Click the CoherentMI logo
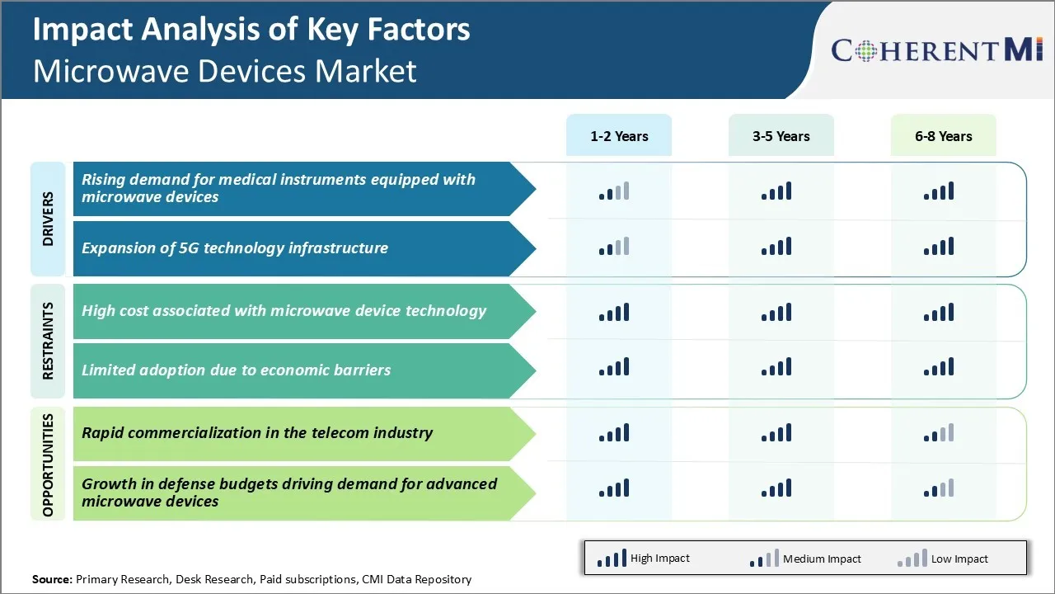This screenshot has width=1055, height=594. coord(937,50)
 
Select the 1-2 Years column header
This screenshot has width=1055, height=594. coord(619,136)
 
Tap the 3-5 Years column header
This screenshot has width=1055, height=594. coord(781,136)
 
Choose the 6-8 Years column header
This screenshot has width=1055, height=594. coord(943,136)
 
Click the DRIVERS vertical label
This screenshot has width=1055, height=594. coord(48,219)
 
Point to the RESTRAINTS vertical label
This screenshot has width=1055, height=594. coord(48,341)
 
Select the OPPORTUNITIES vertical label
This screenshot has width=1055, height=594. coord(48,465)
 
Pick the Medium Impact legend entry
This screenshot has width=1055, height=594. coord(805,559)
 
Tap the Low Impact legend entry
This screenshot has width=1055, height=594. coord(943,559)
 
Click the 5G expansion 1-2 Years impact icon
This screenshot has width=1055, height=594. coord(614,247)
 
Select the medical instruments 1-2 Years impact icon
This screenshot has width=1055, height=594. coord(614,191)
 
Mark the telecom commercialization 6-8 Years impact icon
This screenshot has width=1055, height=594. coord(939,433)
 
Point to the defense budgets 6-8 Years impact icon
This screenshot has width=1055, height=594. coord(939,488)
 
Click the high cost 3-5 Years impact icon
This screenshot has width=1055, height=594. coord(776,312)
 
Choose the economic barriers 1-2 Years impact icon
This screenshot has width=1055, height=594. coord(614,367)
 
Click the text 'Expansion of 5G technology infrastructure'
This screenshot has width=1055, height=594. coord(234,248)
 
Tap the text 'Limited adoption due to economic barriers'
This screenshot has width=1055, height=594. coord(236,370)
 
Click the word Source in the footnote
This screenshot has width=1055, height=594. coord(52,579)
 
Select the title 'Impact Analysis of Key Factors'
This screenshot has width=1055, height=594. coord(251,30)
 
